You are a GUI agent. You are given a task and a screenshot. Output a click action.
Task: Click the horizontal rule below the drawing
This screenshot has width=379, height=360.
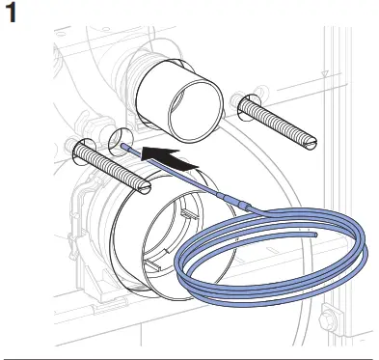(x=189, y=353)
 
